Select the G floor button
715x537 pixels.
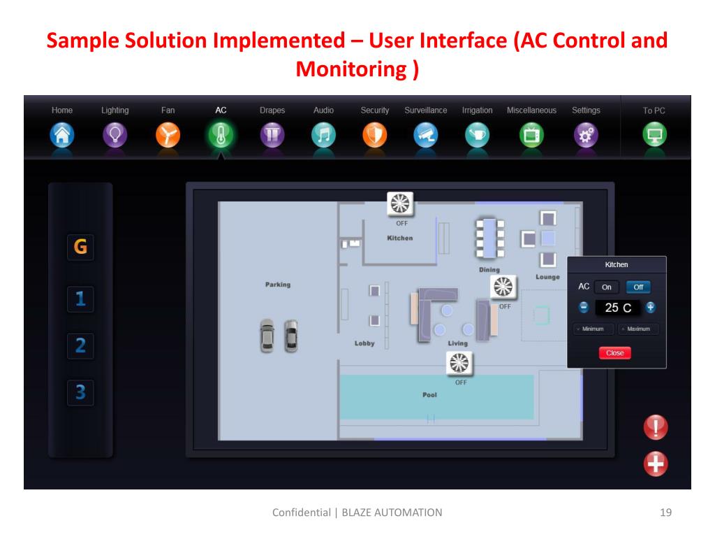pos(80,247)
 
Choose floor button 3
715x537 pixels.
pos(80,392)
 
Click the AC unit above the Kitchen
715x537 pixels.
pos(401,203)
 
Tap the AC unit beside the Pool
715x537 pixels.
pos(459,363)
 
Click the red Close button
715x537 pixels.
pos(614,353)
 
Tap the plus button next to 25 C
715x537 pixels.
pos(651,307)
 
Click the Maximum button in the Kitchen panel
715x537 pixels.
pos(638,329)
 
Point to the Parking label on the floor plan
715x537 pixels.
pos(278,285)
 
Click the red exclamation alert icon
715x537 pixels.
pos(656,427)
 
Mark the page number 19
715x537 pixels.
pos(665,513)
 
